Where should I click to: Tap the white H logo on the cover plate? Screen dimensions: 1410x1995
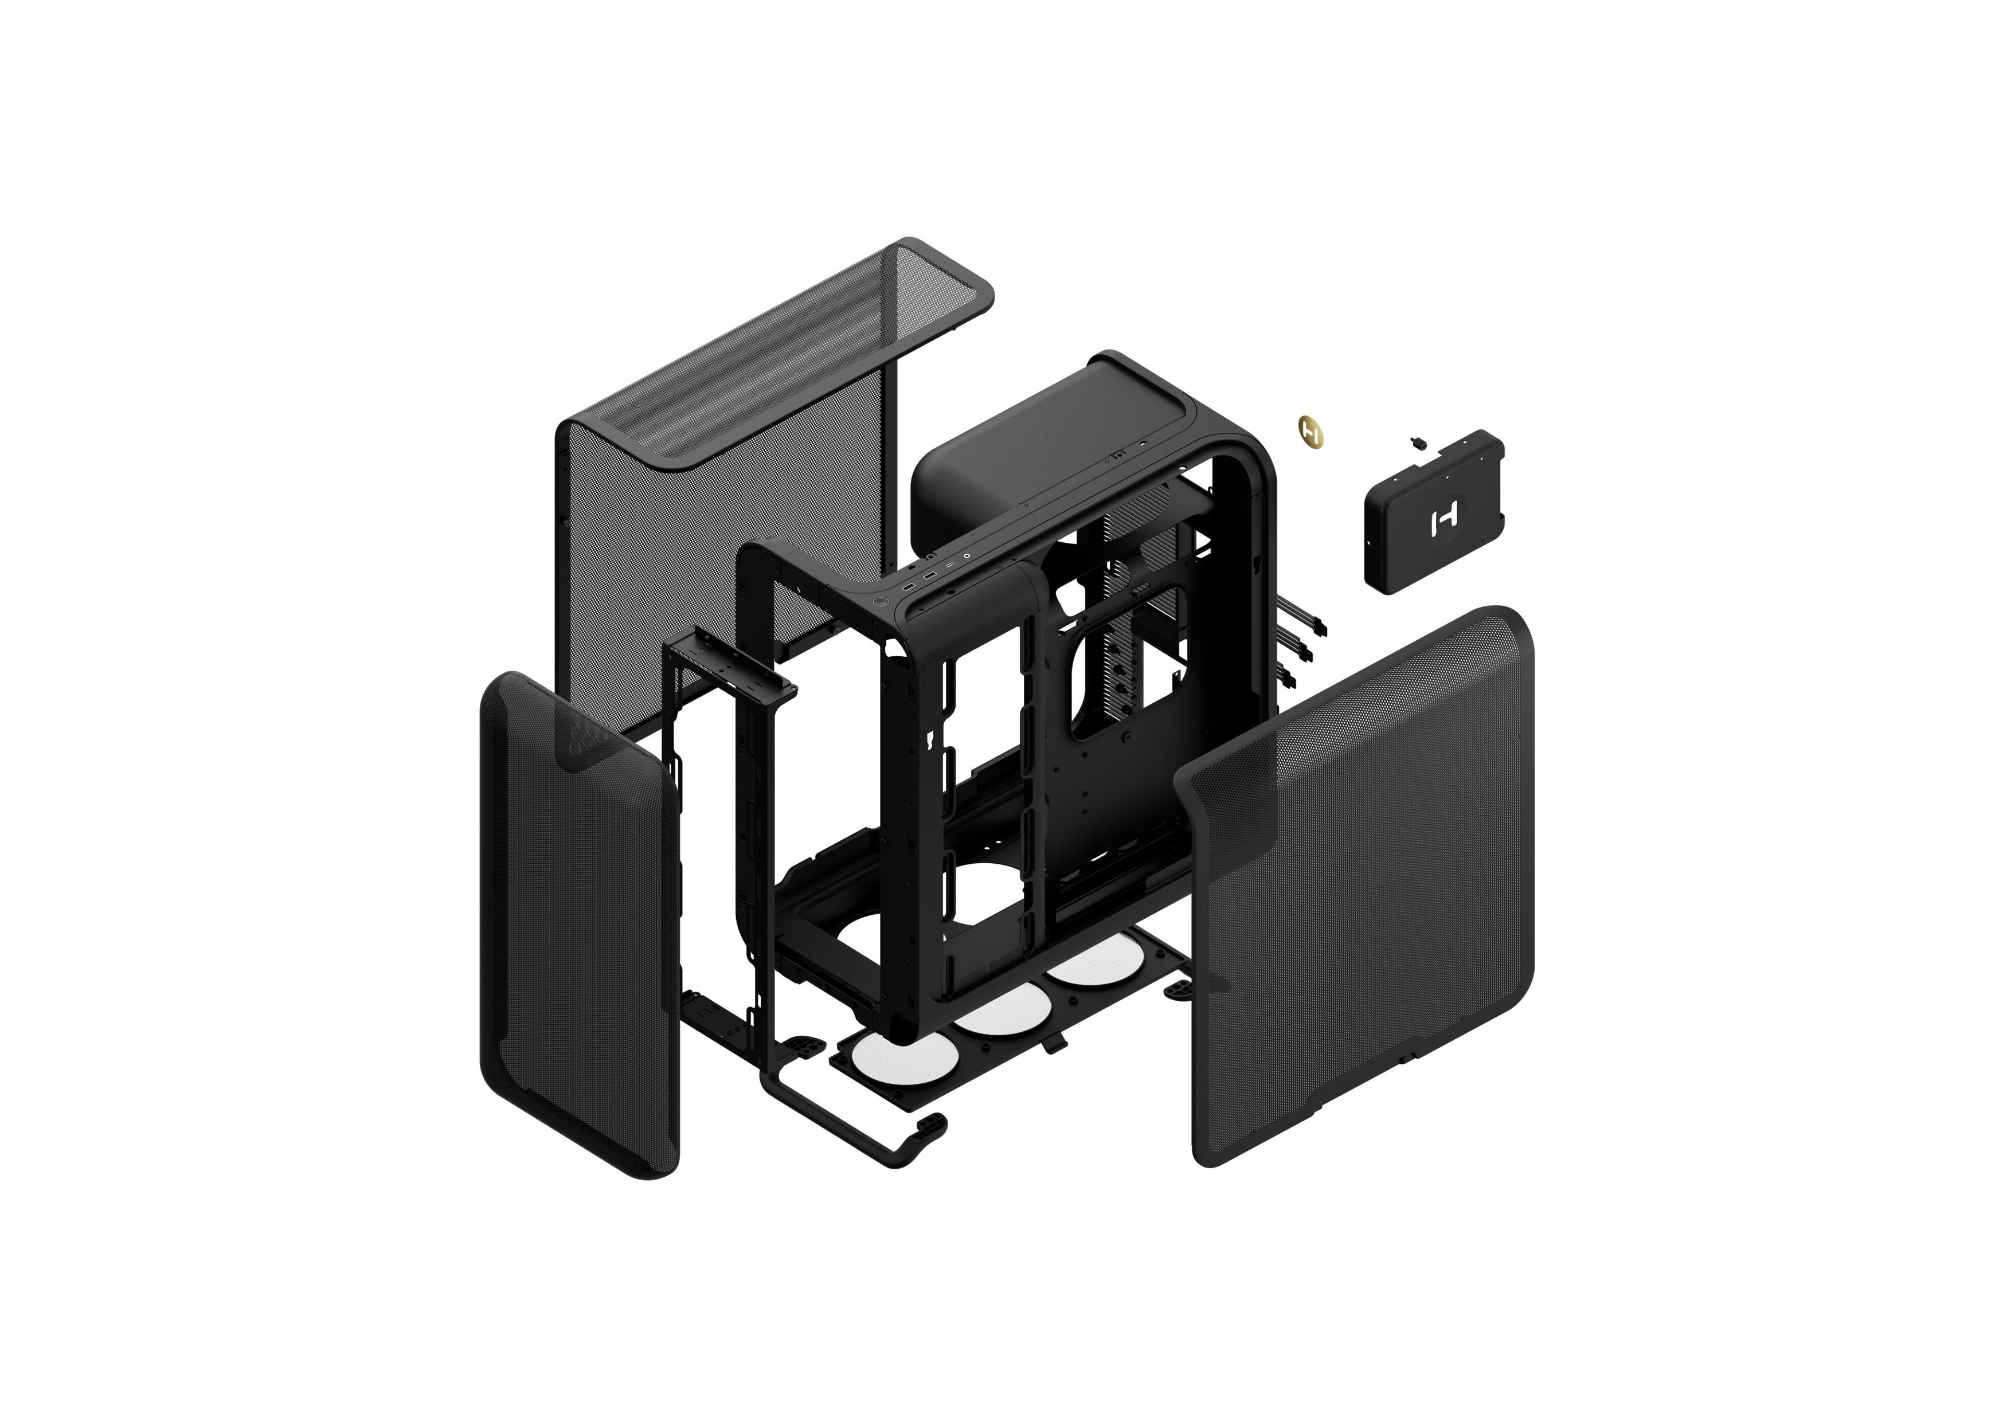click(1444, 520)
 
